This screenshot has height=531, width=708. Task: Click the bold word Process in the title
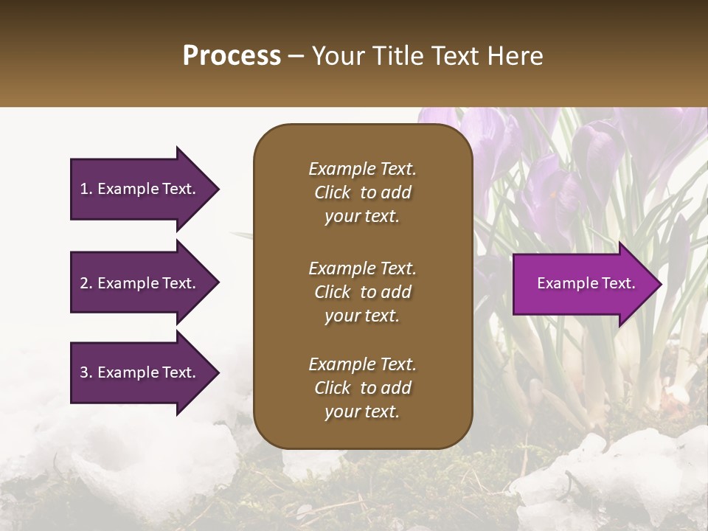pos(232,56)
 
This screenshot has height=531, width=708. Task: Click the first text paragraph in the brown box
pos(362,192)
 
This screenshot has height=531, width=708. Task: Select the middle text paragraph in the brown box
pos(362,292)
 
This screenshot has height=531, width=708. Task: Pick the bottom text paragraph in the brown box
pos(362,388)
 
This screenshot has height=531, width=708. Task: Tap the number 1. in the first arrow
pos(86,189)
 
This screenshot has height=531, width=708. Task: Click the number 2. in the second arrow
pos(86,283)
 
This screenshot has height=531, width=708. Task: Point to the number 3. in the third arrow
pos(86,372)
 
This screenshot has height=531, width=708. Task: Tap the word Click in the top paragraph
pos(332,192)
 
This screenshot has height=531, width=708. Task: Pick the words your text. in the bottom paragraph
pos(362,412)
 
